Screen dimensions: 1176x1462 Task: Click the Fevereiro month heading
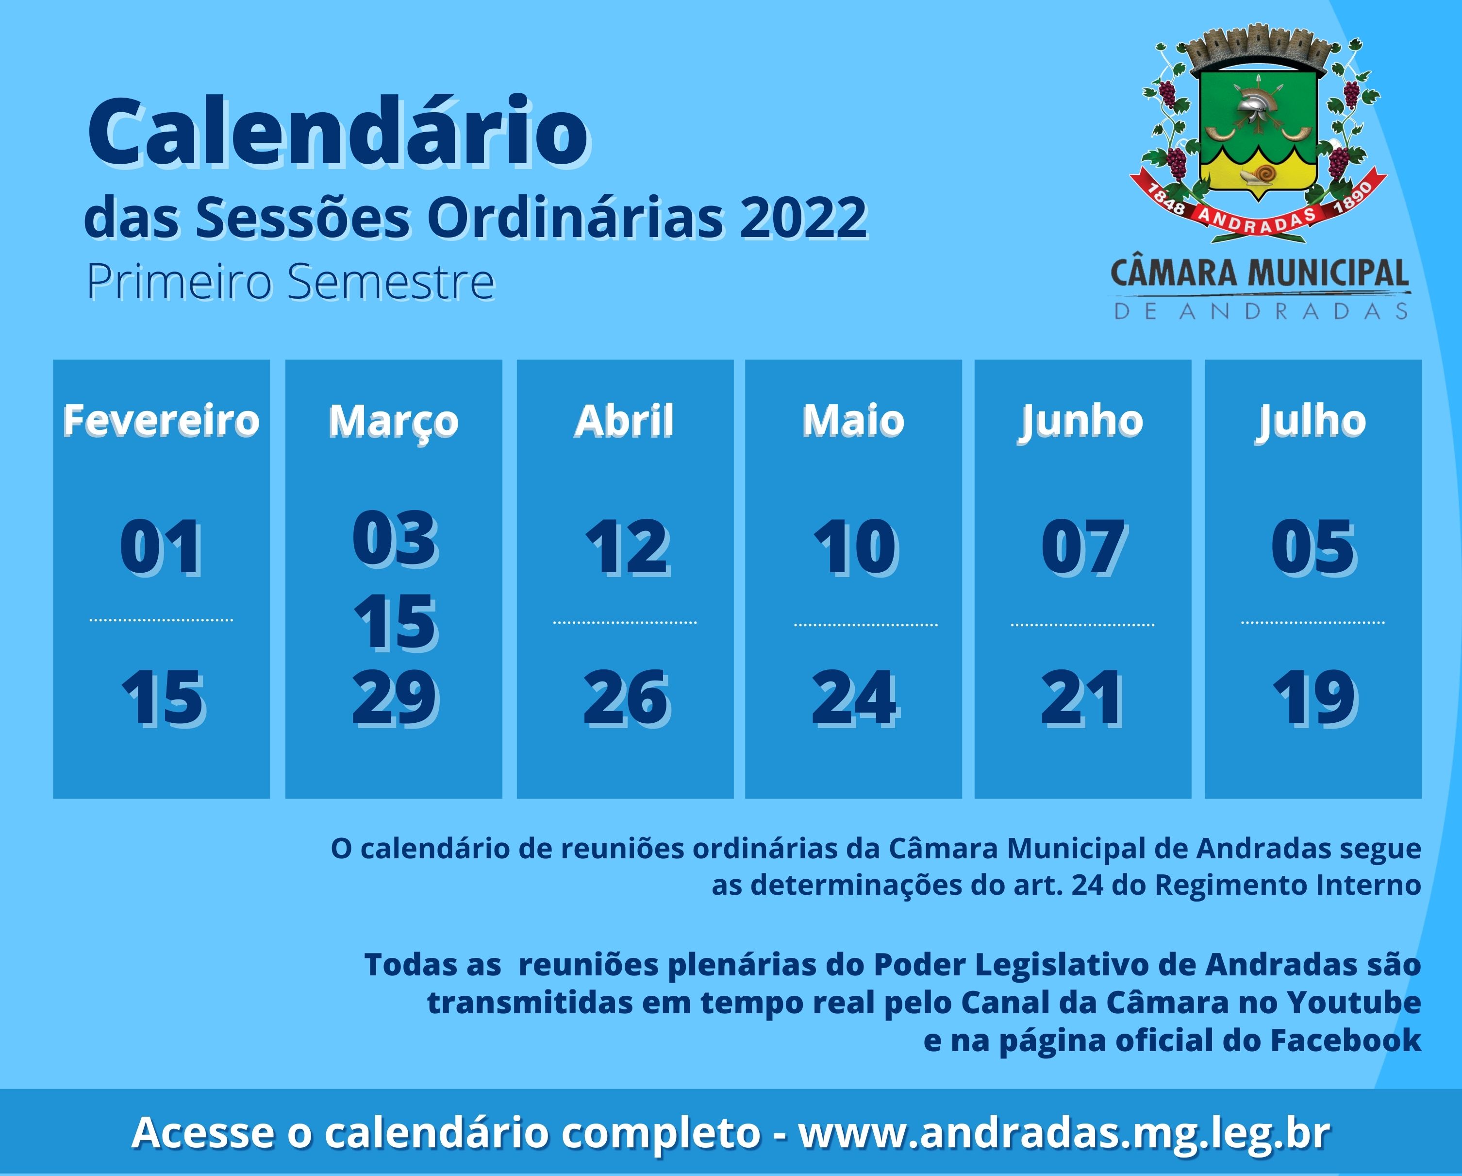161,420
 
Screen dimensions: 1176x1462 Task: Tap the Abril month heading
625,420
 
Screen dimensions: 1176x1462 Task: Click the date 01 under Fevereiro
161,546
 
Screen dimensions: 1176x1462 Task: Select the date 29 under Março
395,697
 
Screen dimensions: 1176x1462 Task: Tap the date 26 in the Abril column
626,698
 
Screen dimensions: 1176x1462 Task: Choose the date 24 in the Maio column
854,698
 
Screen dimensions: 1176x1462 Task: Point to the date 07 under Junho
1083,546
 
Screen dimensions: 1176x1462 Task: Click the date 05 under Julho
1313,546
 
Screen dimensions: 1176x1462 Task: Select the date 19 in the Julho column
1314,698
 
